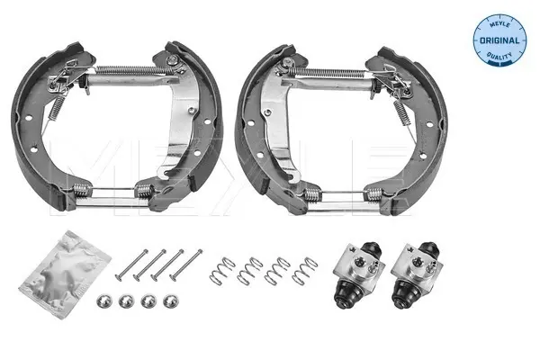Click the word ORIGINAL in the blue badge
(499, 40)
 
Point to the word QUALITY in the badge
(499, 56)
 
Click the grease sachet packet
(66, 274)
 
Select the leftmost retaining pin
(131, 265)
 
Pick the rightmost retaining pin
(186, 265)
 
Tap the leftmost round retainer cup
(104, 301)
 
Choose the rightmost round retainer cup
(171, 301)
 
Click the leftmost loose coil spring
(222, 272)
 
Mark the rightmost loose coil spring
(305, 272)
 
